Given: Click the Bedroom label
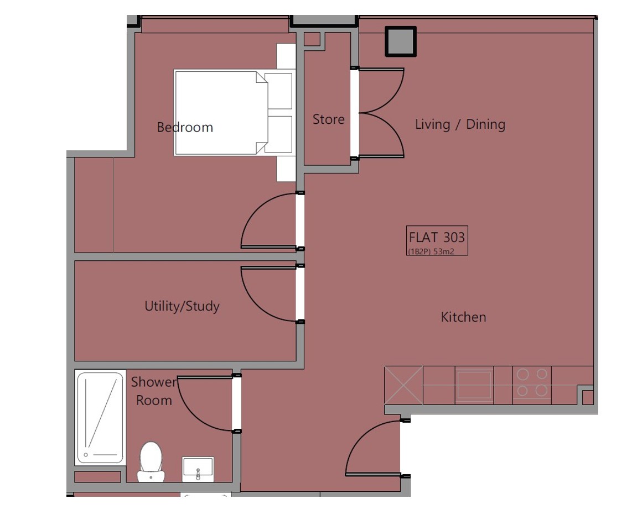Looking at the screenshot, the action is (x=185, y=127).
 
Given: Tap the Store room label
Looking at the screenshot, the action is (x=329, y=119).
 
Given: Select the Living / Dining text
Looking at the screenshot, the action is (x=460, y=124).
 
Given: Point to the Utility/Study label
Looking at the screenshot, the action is (x=182, y=306).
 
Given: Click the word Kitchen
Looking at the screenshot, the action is (x=464, y=317).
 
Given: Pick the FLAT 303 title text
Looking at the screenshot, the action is (x=437, y=237).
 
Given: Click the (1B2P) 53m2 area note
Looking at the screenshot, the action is (x=431, y=251).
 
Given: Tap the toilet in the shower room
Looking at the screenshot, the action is (x=151, y=461).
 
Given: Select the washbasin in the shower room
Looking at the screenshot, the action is (x=198, y=469).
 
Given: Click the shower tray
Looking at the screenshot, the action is (x=100, y=418).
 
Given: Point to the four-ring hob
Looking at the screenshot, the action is (x=532, y=382).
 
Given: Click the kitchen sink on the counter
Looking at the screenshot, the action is (x=474, y=385).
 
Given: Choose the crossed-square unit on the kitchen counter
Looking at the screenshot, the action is (x=403, y=385).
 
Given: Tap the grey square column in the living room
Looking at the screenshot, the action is (x=401, y=41).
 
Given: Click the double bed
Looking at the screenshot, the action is (x=234, y=113).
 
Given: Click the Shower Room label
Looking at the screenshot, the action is (x=154, y=391).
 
